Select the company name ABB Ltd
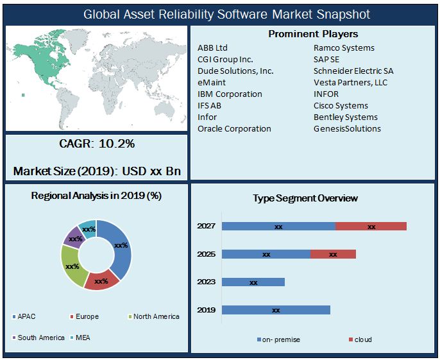[212, 47]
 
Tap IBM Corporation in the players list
[230, 94]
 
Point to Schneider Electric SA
[353, 71]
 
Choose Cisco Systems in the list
[341, 105]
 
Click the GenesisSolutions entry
[347, 128]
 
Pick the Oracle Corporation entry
[234, 128]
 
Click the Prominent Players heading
[313, 34]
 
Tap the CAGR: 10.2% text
[97, 144]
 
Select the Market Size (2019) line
[97, 171]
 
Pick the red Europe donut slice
[101, 280]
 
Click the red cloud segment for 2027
[371, 226]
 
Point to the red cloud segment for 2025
[332, 254]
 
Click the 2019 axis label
[206, 310]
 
